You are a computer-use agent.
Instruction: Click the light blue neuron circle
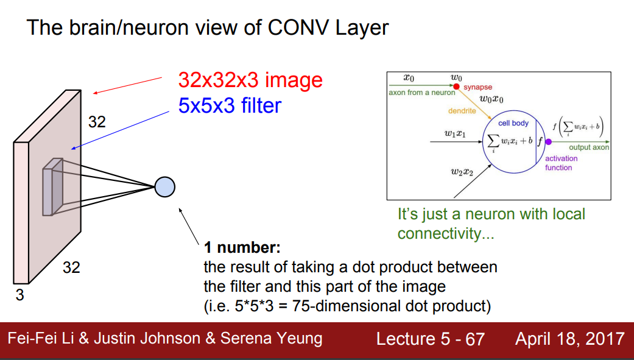click(x=164, y=186)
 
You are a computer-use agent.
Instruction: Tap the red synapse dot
click(x=456, y=87)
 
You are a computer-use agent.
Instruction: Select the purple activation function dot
click(x=548, y=141)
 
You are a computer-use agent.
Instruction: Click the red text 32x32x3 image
click(x=250, y=80)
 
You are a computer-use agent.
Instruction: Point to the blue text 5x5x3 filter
click(x=230, y=106)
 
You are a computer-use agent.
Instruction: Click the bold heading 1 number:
click(x=242, y=248)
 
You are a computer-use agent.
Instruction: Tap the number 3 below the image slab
click(x=19, y=295)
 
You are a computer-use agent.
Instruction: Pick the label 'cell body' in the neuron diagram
click(x=513, y=123)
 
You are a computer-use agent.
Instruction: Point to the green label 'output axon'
click(x=589, y=147)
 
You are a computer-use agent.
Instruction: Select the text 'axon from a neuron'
click(x=421, y=93)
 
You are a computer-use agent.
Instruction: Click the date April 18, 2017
click(x=569, y=339)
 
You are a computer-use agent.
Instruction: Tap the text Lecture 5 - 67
click(x=430, y=339)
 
